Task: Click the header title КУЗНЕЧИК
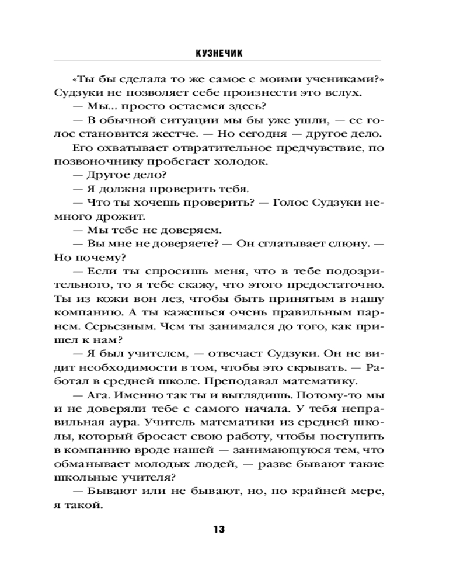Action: coord(219,53)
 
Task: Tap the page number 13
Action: coord(219,530)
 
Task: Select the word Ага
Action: coord(96,396)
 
